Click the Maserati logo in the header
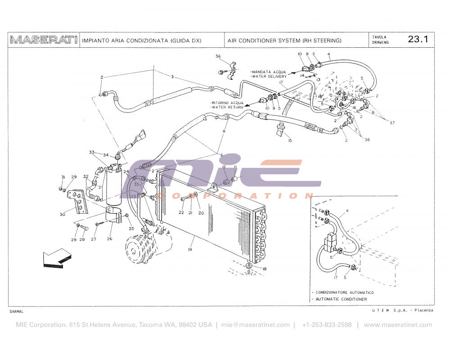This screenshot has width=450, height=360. click(x=44, y=40)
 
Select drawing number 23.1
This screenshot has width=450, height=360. click(x=418, y=39)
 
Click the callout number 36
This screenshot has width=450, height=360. click(x=218, y=57)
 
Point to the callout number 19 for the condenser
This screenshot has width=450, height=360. click(x=190, y=249)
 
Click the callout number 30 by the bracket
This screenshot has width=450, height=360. click(x=63, y=214)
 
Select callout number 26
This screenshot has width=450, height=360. click(x=109, y=239)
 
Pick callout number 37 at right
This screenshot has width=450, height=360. click(x=392, y=122)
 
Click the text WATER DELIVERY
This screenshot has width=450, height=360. click(x=269, y=76)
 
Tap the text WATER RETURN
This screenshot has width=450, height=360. click(x=227, y=108)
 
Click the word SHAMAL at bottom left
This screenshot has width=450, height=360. click(x=16, y=311)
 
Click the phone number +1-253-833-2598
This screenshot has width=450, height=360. click(x=327, y=325)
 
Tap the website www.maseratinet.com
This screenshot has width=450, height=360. click(x=398, y=325)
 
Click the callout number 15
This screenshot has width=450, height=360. click(x=290, y=141)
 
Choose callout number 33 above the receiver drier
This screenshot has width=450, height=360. click(x=92, y=152)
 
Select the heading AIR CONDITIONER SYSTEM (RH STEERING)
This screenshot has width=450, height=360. click(x=284, y=40)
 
